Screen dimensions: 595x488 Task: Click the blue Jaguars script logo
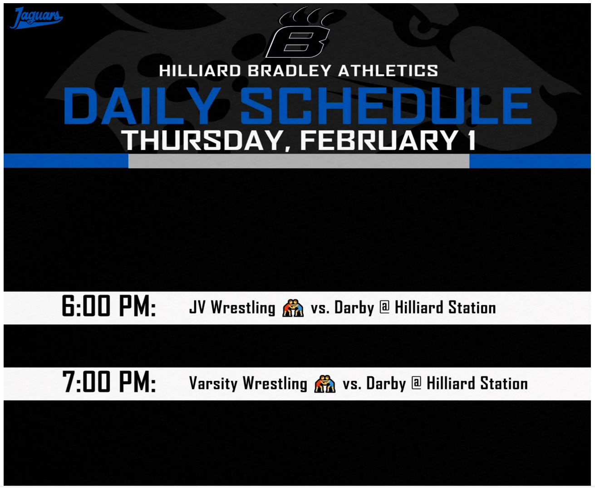pyautogui.click(x=36, y=18)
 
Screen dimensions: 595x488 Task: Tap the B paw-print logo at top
pyautogui.click(x=300, y=32)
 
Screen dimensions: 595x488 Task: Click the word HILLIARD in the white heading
pyautogui.click(x=200, y=70)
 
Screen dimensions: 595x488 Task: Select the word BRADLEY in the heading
pyautogui.click(x=289, y=70)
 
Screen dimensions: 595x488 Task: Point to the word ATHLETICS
pyautogui.click(x=388, y=70)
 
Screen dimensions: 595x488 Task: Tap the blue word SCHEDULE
pyautogui.click(x=386, y=106)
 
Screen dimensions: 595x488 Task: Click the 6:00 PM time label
pyautogui.click(x=109, y=306)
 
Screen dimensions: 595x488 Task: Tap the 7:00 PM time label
pyautogui.click(x=109, y=382)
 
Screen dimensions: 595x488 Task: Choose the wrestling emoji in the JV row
pyautogui.click(x=293, y=308)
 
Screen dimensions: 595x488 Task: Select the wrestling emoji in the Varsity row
pyautogui.click(x=325, y=384)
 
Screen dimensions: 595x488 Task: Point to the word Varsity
pyautogui.click(x=213, y=384)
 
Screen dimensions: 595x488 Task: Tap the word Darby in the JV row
pyautogui.click(x=354, y=308)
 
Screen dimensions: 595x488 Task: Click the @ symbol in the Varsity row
pyautogui.click(x=417, y=383)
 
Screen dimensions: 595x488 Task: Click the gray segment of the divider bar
pyautogui.click(x=299, y=161)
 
